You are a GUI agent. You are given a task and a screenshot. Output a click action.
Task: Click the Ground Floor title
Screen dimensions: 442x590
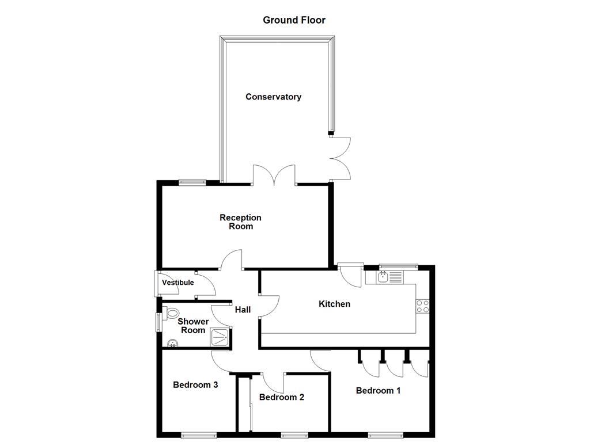coord(294,20)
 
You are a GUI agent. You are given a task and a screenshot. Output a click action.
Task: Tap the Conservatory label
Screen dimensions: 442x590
coord(273,97)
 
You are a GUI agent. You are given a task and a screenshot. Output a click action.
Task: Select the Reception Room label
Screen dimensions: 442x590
coord(240,222)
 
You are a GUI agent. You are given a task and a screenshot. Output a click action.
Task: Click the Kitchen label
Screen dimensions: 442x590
coord(334,303)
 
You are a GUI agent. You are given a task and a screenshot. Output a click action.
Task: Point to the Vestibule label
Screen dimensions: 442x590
coord(177,283)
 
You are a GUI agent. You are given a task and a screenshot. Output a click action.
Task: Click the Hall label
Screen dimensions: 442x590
coord(243,310)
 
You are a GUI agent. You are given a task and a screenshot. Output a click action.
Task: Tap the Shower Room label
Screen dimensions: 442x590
coord(193,326)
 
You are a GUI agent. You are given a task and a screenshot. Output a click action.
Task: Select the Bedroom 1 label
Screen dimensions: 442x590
coord(378,390)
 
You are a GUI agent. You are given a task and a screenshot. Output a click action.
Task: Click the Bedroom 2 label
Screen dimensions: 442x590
coord(281,397)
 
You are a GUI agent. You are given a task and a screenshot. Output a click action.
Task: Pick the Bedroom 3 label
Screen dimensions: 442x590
coord(195,384)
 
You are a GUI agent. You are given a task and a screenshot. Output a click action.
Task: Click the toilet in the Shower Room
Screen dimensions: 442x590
coord(171,314)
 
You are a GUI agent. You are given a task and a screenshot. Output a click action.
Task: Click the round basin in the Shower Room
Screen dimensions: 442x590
coord(172,344)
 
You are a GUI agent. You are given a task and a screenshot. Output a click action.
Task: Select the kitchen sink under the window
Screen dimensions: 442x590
coord(389,277)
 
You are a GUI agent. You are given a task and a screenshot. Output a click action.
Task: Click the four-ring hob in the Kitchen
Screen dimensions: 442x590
coord(423,306)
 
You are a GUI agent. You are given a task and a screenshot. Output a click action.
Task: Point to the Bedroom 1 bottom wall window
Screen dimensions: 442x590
coord(385,434)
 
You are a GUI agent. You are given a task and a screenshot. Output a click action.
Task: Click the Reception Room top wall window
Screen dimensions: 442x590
coord(192,182)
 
